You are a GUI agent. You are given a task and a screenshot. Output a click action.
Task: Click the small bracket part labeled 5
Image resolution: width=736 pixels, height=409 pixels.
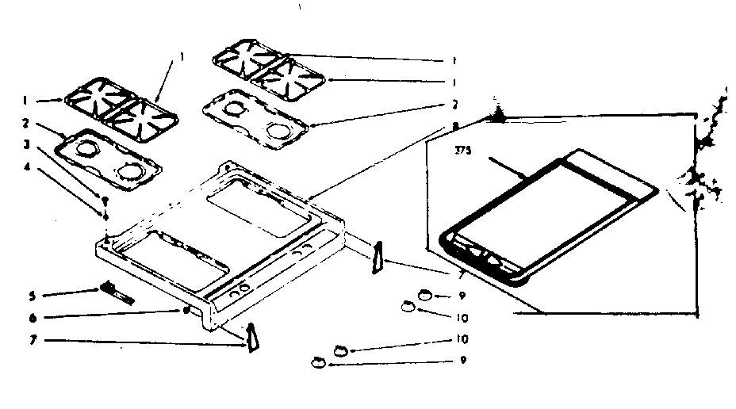[x=116, y=293]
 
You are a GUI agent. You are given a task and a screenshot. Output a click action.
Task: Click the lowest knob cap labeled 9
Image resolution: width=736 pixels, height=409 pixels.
[x=318, y=363]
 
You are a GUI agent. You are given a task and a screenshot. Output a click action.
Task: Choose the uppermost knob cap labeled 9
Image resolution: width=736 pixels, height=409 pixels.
[x=425, y=296]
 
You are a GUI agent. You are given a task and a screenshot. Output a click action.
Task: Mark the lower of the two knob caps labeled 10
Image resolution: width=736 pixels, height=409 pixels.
[x=341, y=350]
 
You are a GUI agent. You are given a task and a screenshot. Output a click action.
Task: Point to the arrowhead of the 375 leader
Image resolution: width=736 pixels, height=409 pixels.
[x=524, y=175]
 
